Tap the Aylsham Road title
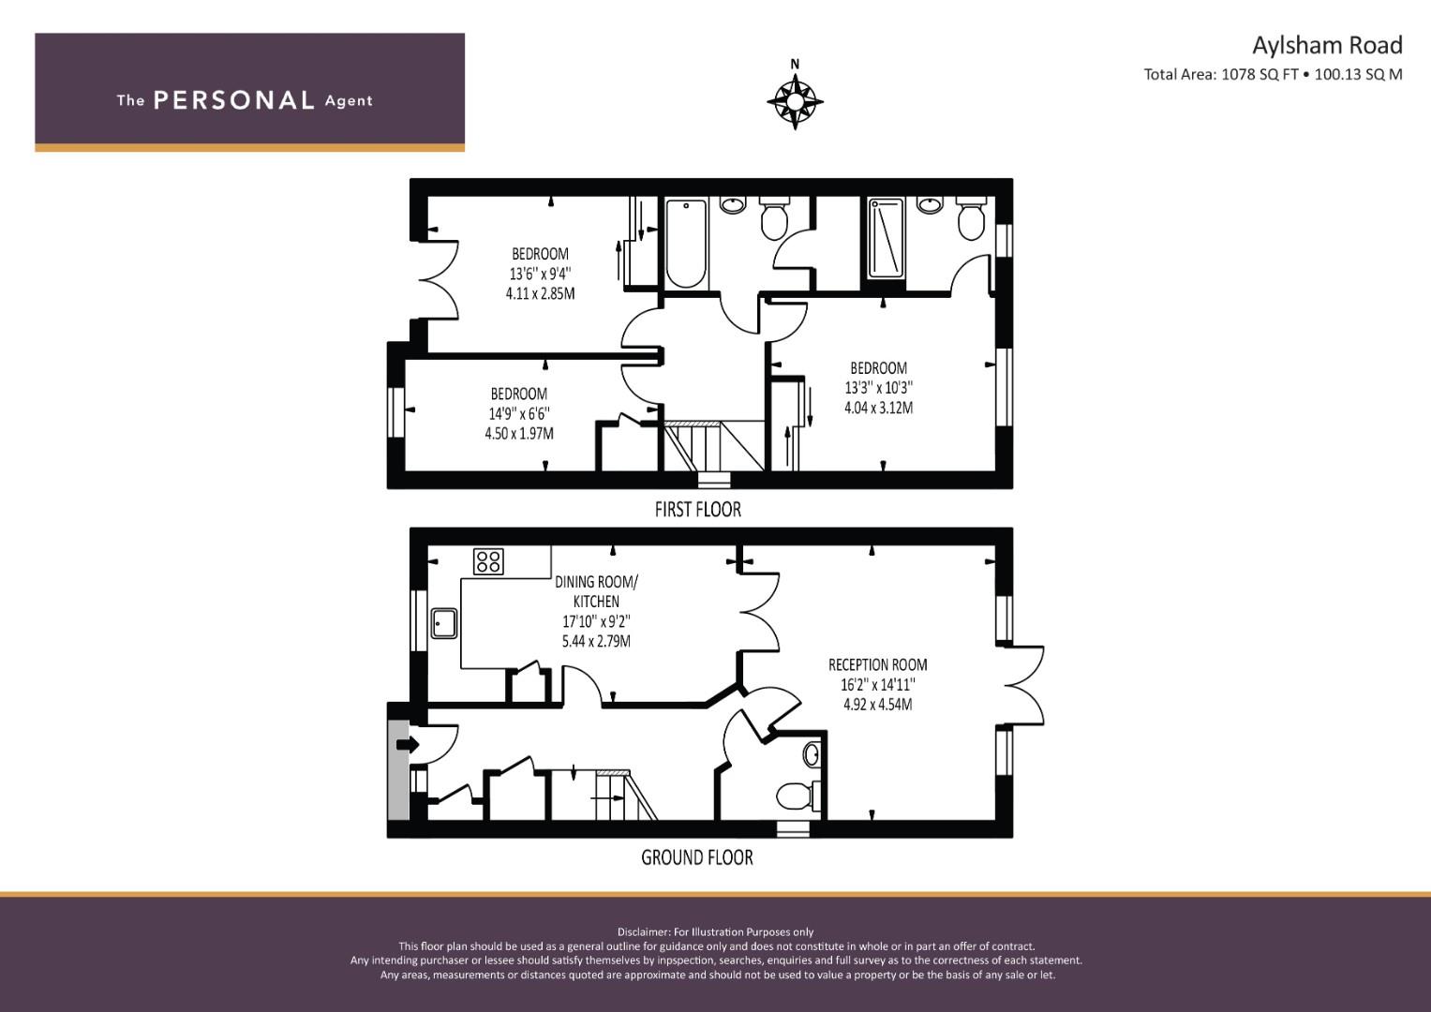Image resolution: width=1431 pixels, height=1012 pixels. [1327, 45]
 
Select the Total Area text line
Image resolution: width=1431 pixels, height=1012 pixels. [1273, 75]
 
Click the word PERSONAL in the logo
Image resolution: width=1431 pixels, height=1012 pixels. [233, 100]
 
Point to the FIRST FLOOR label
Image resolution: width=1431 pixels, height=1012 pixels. [697, 510]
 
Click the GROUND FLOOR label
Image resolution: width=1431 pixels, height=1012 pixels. [696, 857]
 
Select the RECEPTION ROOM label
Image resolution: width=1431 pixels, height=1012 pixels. [877, 664]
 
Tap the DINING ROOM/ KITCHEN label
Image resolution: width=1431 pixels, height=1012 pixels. [596, 591]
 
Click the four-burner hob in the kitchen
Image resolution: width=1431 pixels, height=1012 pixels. [488, 561]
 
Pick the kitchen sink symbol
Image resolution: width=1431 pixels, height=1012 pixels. [444, 623]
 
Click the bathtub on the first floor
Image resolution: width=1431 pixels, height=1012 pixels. [685, 244]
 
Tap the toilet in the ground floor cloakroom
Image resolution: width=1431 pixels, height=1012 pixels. [794, 796]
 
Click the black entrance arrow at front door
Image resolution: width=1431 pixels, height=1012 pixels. [407, 745]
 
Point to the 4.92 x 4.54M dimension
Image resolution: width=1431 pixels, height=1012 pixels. [877, 704]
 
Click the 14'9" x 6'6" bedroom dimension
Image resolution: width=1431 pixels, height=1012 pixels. [518, 413]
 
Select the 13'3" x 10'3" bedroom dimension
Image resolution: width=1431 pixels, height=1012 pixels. [878, 388]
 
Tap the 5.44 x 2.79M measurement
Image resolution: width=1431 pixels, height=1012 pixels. [596, 642]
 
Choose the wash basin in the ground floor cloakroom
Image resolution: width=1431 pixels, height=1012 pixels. [812, 754]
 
